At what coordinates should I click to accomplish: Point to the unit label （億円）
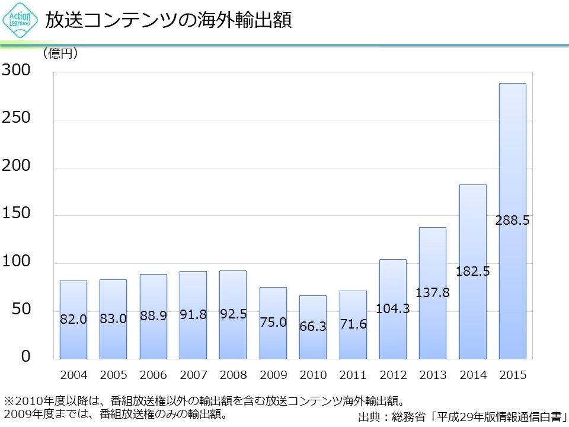60,54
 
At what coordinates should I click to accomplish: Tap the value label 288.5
513,221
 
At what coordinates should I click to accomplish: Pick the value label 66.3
313,327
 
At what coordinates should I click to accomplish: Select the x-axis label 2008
233,375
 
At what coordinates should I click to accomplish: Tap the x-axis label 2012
393,375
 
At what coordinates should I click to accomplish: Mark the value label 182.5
472,272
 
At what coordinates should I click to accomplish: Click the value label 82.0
73,319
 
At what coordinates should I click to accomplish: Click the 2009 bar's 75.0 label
273,323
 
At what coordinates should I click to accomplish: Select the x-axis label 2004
73,375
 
